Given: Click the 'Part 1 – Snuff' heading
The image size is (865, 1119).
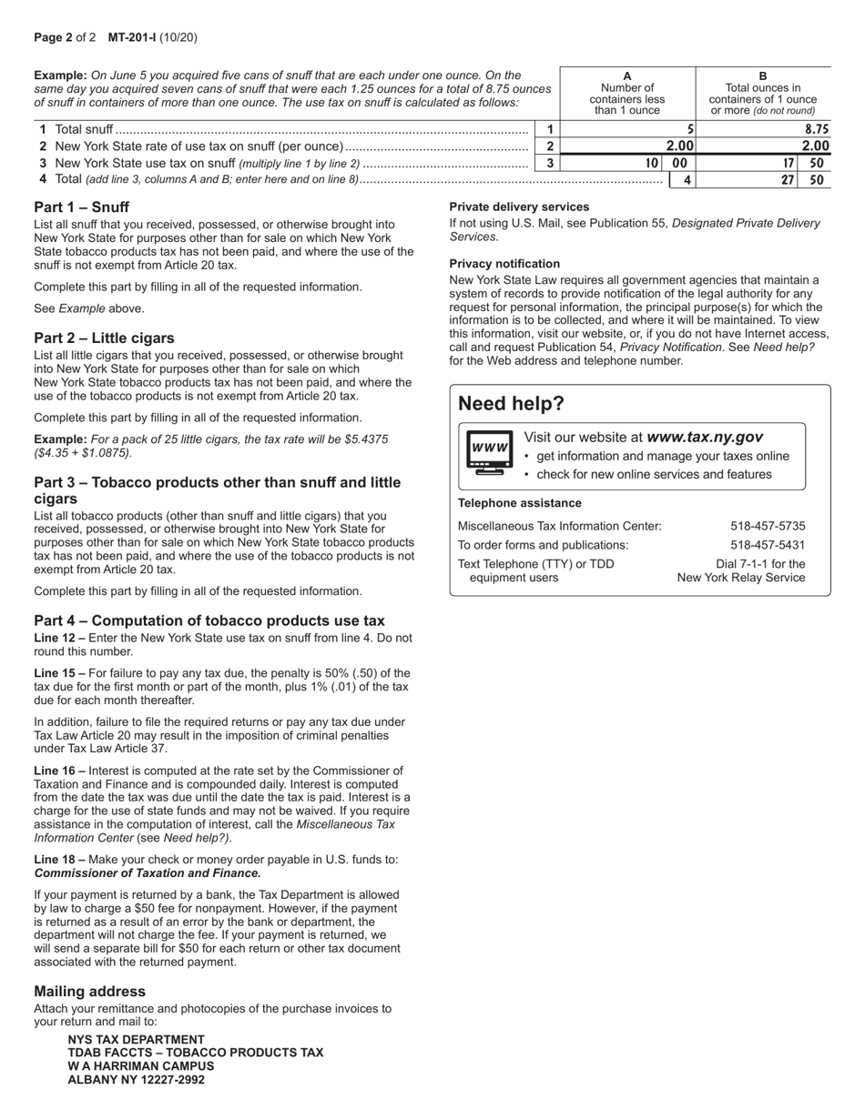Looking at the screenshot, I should (x=82, y=207).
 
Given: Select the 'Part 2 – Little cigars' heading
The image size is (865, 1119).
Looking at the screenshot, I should (x=104, y=338).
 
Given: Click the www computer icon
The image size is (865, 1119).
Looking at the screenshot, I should (x=489, y=451).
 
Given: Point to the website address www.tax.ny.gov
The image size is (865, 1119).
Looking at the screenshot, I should (x=704, y=438).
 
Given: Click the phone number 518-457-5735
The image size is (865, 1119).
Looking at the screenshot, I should (x=768, y=526).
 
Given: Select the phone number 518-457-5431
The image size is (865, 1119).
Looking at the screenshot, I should (x=768, y=545).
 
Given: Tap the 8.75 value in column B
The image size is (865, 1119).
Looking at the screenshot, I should (x=817, y=130).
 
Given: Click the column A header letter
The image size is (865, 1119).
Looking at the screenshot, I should (x=627, y=76).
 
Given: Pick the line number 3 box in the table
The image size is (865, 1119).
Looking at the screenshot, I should (x=549, y=164).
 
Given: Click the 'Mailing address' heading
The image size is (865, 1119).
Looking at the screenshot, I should (x=89, y=992).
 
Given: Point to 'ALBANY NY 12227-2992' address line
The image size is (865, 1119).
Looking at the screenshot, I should (x=136, y=1080).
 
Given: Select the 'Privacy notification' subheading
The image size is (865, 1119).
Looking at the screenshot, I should (x=504, y=264).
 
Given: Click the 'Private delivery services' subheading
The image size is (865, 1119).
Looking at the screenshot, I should (x=519, y=207).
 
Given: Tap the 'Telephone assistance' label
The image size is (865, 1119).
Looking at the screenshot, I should (x=519, y=503).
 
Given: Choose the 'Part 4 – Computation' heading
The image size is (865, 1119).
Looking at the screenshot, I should (x=209, y=620).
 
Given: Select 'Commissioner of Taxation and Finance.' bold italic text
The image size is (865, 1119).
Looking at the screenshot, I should (x=148, y=873).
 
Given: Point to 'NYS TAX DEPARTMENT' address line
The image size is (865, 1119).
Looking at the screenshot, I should (x=136, y=1039).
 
